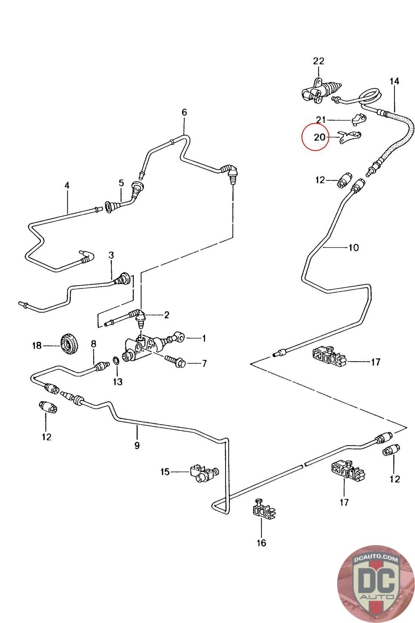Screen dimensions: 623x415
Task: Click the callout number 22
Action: point(318,61)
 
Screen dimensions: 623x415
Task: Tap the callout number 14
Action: point(394,81)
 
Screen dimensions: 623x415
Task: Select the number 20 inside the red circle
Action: point(319,137)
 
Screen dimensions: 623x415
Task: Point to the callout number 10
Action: point(354,247)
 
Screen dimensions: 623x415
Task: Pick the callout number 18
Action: point(37,345)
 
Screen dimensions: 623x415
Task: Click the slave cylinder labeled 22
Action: point(320,91)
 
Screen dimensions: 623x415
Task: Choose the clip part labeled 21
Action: point(358,119)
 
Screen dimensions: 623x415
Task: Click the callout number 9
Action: point(137,445)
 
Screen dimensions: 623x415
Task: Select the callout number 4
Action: point(67,185)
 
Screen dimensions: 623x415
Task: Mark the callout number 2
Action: point(166,315)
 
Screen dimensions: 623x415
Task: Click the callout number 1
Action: point(203,338)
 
